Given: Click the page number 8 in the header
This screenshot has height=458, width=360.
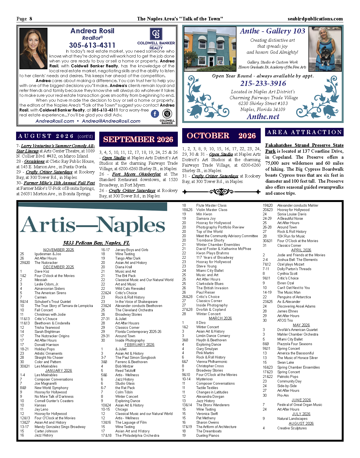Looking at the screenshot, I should pyautogui.click(x=31, y=19).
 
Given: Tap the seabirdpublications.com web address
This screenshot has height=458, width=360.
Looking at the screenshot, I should pyautogui.click(x=315, y=19).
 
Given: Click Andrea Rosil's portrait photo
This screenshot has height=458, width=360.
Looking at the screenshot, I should pyautogui.click(x=34, y=49).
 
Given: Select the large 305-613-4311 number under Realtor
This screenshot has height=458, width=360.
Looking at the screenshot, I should pyautogui.click(x=92, y=45).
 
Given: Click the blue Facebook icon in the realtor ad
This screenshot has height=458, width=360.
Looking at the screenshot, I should pyautogui.click(x=155, y=114).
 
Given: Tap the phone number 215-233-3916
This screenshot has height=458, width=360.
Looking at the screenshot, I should pyautogui.click(x=263, y=83).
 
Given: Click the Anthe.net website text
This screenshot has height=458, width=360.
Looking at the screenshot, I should pyautogui.click(x=263, y=117).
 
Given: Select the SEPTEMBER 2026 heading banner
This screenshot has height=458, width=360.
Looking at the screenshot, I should pyautogui.click(x=138, y=139).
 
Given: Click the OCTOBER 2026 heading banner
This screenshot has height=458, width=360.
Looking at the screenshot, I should pyautogui.click(x=221, y=136).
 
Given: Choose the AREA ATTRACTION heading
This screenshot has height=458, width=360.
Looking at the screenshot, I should pyautogui.click(x=304, y=132).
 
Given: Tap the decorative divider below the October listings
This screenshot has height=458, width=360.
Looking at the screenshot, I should pyautogui.click(x=221, y=192).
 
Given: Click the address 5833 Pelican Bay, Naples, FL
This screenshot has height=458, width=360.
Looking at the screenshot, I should pyautogui.click(x=96, y=243).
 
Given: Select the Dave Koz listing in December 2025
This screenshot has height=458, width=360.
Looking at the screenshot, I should pyautogui.click(x=42, y=272).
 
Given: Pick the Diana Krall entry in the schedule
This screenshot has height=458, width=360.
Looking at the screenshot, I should pyautogui.click(x=124, y=267).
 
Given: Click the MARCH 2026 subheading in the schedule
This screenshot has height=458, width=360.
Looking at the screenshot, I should pyautogui.click(x=220, y=318).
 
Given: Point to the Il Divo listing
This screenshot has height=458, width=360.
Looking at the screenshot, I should pyautogui.click(x=201, y=323).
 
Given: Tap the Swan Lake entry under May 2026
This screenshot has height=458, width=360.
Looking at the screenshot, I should pyautogui.click(x=286, y=363).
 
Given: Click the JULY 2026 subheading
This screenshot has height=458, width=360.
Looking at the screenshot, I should pyautogui.click(x=301, y=414).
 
